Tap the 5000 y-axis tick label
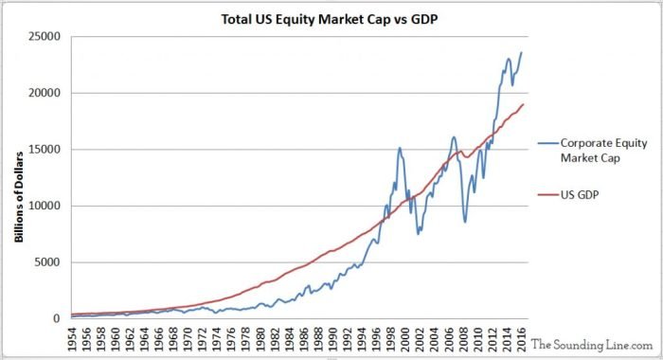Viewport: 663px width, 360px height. pos(46,262)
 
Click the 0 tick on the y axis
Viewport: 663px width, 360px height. pos(55,319)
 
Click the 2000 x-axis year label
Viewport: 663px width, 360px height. pos(404,339)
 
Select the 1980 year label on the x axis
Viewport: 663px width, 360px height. pos(260,339)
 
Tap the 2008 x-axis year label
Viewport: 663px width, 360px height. pos(462,339)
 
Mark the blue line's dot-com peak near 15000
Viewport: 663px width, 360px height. pos(400,148)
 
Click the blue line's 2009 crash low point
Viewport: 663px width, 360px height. pos(465,223)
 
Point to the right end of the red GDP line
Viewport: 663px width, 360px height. pos(524,104)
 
